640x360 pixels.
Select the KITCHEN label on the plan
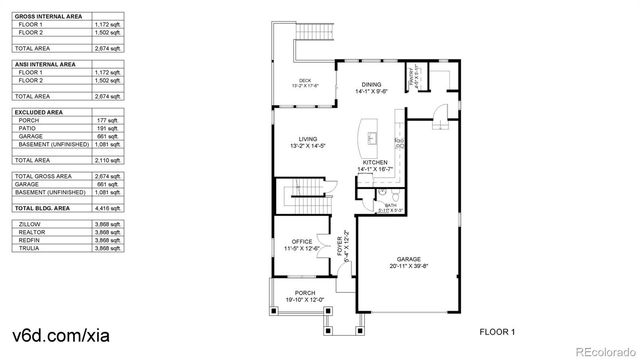[x=374, y=162]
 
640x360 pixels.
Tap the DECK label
[x=305, y=81]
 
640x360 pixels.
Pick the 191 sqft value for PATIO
[x=106, y=129]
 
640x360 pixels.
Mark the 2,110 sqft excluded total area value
[x=106, y=160]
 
